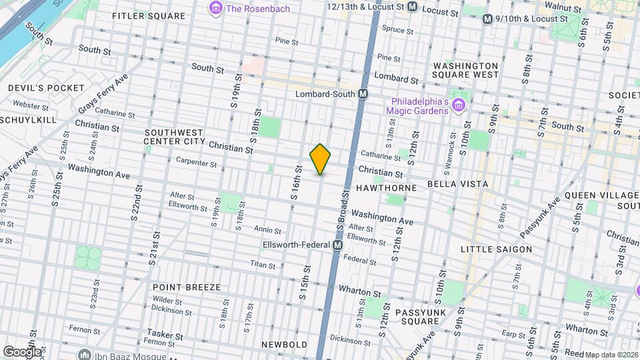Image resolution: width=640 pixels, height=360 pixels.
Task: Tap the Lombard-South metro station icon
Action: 363,94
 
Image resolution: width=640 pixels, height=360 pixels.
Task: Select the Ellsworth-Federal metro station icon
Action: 338,245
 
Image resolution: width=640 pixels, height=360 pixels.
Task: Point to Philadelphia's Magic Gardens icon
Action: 458,105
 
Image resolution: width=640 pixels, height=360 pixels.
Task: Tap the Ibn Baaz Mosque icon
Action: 83,353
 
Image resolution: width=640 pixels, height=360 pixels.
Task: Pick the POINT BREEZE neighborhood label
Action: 186,287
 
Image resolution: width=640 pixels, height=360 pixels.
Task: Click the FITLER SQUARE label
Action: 149,15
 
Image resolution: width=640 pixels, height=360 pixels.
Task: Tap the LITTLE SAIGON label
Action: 496,249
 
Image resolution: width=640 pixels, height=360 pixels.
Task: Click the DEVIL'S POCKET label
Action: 47,88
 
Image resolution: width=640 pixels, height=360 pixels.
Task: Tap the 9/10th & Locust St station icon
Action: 487,18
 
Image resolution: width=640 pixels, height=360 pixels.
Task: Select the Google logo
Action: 22,351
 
